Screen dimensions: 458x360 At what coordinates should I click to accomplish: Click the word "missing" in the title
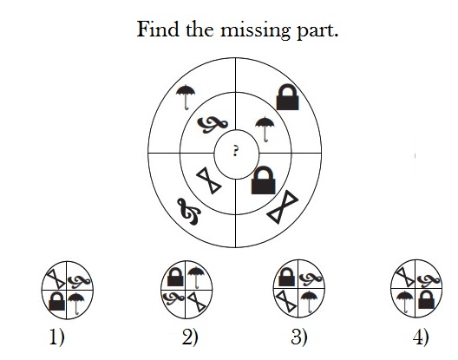click(255, 30)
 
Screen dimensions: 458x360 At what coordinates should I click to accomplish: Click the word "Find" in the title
click(158, 29)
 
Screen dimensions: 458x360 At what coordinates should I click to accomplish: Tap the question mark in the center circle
click(235, 152)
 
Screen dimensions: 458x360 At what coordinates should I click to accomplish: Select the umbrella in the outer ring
click(186, 97)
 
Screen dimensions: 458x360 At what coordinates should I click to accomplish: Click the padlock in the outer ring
click(287, 97)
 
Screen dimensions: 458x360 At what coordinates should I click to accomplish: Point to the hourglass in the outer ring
click(283, 206)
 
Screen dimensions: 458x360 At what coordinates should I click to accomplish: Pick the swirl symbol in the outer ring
click(189, 212)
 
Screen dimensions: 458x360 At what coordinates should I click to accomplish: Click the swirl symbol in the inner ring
click(213, 125)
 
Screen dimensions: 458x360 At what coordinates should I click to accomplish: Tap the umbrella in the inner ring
click(265, 129)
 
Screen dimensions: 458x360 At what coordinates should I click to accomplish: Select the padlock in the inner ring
click(263, 180)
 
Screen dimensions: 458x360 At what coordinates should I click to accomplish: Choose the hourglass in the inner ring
click(208, 180)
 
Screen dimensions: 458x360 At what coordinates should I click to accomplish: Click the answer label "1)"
click(57, 337)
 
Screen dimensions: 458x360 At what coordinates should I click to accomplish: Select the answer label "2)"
click(190, 337)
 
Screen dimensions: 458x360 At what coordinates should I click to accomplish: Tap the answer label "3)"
click(299, 337)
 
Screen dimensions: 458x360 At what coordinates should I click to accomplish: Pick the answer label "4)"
click(421, 337)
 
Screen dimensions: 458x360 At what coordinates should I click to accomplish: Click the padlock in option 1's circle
click(56, 301)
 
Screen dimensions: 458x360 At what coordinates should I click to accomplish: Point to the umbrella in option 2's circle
click(195, 278)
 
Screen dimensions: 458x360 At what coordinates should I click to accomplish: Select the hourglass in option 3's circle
click(286, 301)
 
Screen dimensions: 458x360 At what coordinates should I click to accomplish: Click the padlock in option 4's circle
click(426, 299)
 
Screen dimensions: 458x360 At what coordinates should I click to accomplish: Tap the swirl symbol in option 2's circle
click(173, 298)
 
